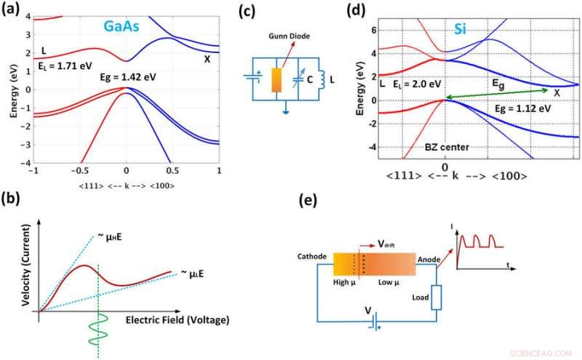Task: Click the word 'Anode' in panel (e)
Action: [x=431, y=257]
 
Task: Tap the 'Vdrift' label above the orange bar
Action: [x=385, y=245]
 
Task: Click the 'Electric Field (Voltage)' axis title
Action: [x=177, y=319]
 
